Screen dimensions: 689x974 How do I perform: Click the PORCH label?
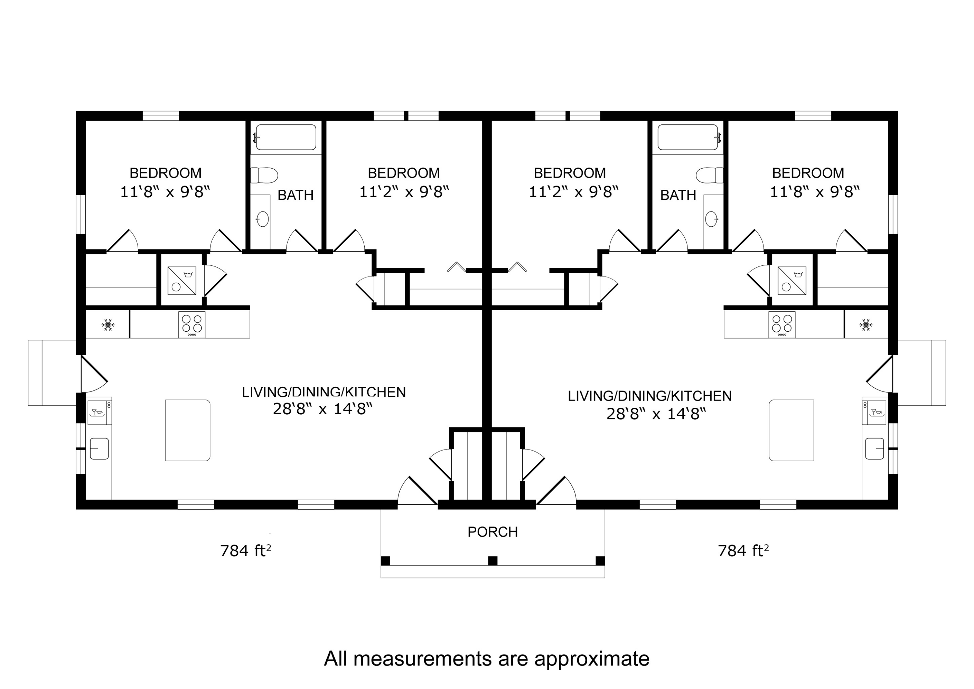(x=493, y=532)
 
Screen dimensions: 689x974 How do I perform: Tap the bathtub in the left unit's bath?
(x=286, y=137)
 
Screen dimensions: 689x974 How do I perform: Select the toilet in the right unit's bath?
(x=709, y=175)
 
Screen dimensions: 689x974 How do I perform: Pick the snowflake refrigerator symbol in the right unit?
(x=866, y=325)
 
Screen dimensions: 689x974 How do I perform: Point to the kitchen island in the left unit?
(x=188, y=430)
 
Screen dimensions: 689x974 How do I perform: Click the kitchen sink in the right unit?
(x=875, y=449)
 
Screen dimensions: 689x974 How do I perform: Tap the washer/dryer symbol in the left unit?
(x=181, y=281)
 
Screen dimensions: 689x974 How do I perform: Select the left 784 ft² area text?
(x=245, y=551)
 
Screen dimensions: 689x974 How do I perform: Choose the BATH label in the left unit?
(x=295, y=195)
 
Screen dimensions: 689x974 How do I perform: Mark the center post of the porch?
(x=493, y=561)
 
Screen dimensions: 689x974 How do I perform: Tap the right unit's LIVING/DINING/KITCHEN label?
(x=649, y=396)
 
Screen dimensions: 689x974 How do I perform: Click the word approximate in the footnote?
(x=591, y=659)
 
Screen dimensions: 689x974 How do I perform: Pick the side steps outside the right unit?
(x=921, y=373)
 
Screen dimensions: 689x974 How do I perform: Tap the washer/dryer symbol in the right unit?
(x=792, y=281)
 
